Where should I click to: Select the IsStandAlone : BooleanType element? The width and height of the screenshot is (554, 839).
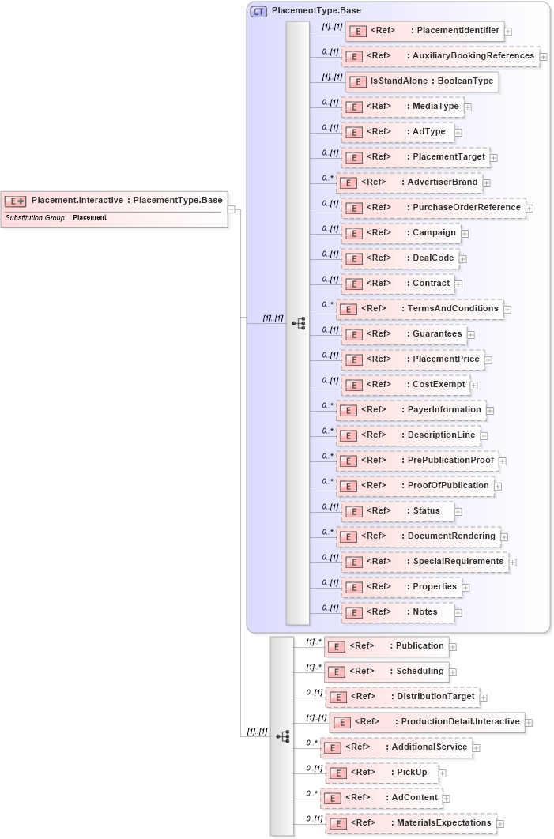tap(422, 81)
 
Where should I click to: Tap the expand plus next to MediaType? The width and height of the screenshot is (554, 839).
tap(467, 107)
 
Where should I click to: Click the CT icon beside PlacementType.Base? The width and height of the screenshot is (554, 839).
tap(258, 11)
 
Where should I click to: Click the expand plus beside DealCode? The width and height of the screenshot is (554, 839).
tap(462, 258)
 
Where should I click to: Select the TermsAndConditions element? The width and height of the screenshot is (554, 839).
tap(420, 309)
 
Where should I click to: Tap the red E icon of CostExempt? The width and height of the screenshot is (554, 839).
tap(355, 385)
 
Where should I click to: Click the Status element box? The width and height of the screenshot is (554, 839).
tap(398, 511)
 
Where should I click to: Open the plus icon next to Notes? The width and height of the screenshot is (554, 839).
tap(458, 612)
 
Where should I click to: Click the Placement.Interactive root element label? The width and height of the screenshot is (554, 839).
tap(126, 201)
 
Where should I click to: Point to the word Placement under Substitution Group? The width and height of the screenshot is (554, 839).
tap(89, 217)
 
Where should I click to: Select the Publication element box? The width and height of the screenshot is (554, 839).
tap(386, 646)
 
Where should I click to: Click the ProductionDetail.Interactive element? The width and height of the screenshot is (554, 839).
tap(427, 722)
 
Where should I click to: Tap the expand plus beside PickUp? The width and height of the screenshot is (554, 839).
tap(443, 773)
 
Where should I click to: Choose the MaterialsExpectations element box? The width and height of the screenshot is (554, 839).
tap(411, 823)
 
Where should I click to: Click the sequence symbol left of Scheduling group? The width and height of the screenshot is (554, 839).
tap(283, 736)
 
